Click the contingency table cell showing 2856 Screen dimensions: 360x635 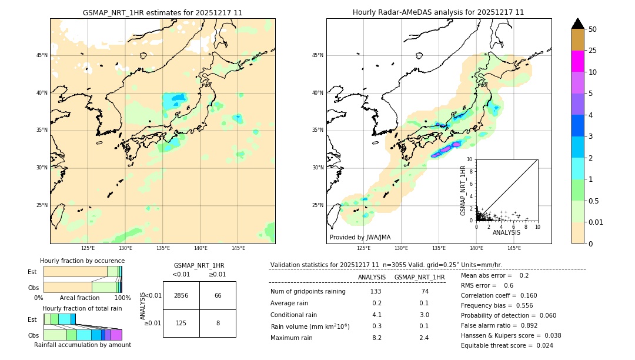pyautogui.click(x=181, y=295)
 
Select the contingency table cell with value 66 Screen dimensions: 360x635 pyautogui.click(x=218, y=295)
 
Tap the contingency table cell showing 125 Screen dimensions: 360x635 pyautogui.click(x=181, y=323)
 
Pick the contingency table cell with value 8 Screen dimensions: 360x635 pyautogui.click(x=218, y=323)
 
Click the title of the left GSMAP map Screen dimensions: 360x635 pyautogui.click(x=162, y=12)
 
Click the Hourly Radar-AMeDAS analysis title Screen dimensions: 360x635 pyautogui.click(x=438, y=12)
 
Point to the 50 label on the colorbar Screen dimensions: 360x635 pyautogui.click(x=593, y=29)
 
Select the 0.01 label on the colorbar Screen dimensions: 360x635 pyautogui.click(x=596, y=222)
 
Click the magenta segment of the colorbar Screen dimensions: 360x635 pyautogui.click(x=577, y=61)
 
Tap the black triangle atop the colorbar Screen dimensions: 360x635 pyautogui.click(x=577, y=24)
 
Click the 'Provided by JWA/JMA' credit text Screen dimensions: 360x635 pyautogui.click(x=360, y=237)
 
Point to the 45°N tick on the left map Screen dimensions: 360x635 pyautogui.click(x=42, y=55)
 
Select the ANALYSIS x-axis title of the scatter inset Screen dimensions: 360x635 pyautogui.click(x=506, y=232)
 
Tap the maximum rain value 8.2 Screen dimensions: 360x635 pyautogui.click(x=377, y=338)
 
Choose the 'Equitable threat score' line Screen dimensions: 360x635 pyautogui.click(x=507, y=345)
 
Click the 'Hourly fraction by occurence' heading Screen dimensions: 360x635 pyautogui.click(x=82, y=261)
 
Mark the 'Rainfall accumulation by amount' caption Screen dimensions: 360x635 pyautogui.click(x=88, y=345)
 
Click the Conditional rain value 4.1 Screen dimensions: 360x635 pyautogui.click(x=377, y=315)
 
